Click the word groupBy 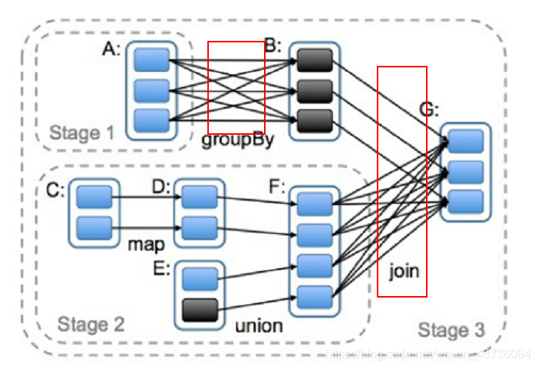point(238,141)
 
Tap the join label point(404,270)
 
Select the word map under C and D point(146,245)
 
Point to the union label point(259,326)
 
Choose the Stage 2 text point(90,325)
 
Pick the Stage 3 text point(452,331)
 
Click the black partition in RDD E point(200,309)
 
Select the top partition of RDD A point(152,60)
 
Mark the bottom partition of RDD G point(465,201)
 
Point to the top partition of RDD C point(94,197)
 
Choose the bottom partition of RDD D point(200,226)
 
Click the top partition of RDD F point(315,204)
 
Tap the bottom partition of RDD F point(315,296)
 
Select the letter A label point(111,49)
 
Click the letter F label point(278,186)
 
